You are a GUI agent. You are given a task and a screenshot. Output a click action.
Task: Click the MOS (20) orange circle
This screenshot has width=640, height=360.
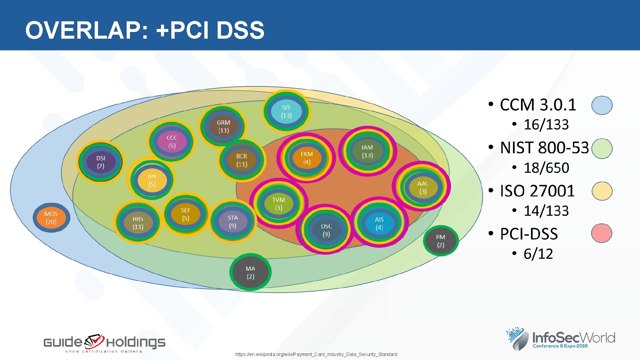(x=51, y=218)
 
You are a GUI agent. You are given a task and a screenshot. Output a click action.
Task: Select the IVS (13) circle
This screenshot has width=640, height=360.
(x=286, y=111)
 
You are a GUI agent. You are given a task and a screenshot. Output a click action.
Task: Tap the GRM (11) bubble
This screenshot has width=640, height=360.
(x=223, y=126)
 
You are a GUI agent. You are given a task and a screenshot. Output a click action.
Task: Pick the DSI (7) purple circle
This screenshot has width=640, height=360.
(x=101, y=162)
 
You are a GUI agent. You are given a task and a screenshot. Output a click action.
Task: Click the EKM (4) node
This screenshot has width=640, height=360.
(x=307, y=158)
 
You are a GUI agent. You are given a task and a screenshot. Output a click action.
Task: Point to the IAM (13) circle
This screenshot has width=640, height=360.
(x=367, y=151)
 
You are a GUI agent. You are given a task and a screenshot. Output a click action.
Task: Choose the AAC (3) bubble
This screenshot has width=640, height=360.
(x=423, y=187)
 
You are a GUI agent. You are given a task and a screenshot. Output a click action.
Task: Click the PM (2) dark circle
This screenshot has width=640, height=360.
(x=441, y=241)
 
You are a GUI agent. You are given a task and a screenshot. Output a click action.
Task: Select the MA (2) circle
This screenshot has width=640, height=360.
(x=250, y=272)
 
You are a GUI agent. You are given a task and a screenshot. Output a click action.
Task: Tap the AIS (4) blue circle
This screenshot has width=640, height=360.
(x=379, y=223)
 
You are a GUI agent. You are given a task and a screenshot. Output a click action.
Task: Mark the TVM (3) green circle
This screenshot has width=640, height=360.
(x=278, y=203)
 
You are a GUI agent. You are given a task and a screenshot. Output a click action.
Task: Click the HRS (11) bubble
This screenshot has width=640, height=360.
(x=138, y=223)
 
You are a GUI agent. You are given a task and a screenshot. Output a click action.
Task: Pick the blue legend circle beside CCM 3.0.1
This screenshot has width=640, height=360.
(x=602, y=105)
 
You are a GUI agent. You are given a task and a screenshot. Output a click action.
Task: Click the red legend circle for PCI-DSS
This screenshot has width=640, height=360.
(x=602, y=233)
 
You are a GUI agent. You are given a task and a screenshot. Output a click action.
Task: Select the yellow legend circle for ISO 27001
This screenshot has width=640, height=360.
(x=602, y=191)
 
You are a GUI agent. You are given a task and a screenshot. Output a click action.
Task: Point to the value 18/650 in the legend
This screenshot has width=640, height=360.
(x=546, y=168)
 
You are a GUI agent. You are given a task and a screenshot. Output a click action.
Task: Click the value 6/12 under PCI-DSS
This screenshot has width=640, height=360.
(x=538, y=254)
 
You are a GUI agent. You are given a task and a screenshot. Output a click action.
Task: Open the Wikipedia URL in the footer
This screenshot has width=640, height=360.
(x=316, y=354)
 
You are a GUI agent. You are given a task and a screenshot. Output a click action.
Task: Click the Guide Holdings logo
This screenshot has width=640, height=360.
(x=104, y=343)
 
